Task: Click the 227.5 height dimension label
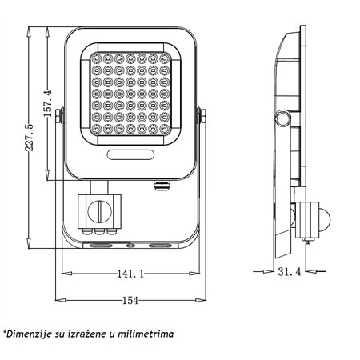point(30,138)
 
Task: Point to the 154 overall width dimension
point(130,300)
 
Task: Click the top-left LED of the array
point(96,59)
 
